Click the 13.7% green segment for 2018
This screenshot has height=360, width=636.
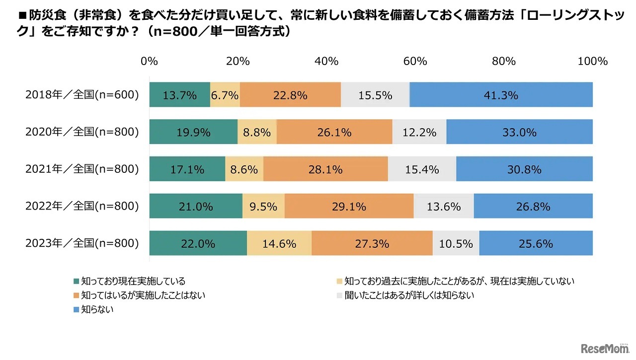179,95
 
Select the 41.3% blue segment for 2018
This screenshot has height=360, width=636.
501,95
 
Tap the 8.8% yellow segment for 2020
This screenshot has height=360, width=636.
257,132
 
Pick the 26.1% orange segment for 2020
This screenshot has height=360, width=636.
334,132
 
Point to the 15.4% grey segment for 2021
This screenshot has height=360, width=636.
422,169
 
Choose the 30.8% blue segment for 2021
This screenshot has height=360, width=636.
524,169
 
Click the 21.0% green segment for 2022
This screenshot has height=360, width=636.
196,206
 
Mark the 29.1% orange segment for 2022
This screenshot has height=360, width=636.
349,206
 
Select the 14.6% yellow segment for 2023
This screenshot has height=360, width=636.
279,243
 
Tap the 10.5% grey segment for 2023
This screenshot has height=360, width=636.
456,243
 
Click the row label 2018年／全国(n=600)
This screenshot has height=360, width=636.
82,95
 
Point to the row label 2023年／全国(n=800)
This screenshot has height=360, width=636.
82,243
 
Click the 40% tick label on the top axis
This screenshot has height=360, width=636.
326,62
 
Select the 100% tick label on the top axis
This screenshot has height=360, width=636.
592,62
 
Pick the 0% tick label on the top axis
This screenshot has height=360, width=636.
149,62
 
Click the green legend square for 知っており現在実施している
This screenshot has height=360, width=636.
76,281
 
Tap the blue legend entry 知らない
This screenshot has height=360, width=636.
97,309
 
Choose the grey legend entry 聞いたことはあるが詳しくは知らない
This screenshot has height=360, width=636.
402,295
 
